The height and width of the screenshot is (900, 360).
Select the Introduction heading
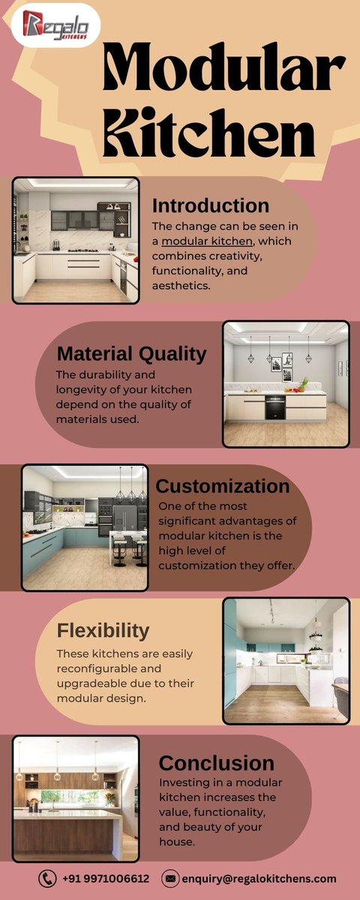point(210,205)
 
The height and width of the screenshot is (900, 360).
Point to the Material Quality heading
point(131,353)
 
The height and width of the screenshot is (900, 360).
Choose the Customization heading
point(222,486)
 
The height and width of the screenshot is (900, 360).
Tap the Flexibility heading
point(103,630)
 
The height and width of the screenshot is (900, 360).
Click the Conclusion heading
point(216,763)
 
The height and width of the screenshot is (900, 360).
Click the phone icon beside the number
point(47,878)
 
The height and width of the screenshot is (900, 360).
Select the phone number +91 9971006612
point(106,878)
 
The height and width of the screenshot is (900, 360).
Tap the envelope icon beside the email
point(170,878)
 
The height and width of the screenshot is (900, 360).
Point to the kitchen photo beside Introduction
point(76,240)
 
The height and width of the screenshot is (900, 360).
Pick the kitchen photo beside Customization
point(85,526)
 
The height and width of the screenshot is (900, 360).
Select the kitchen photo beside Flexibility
point(286,660)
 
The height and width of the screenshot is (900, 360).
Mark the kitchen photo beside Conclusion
point(76,799)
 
